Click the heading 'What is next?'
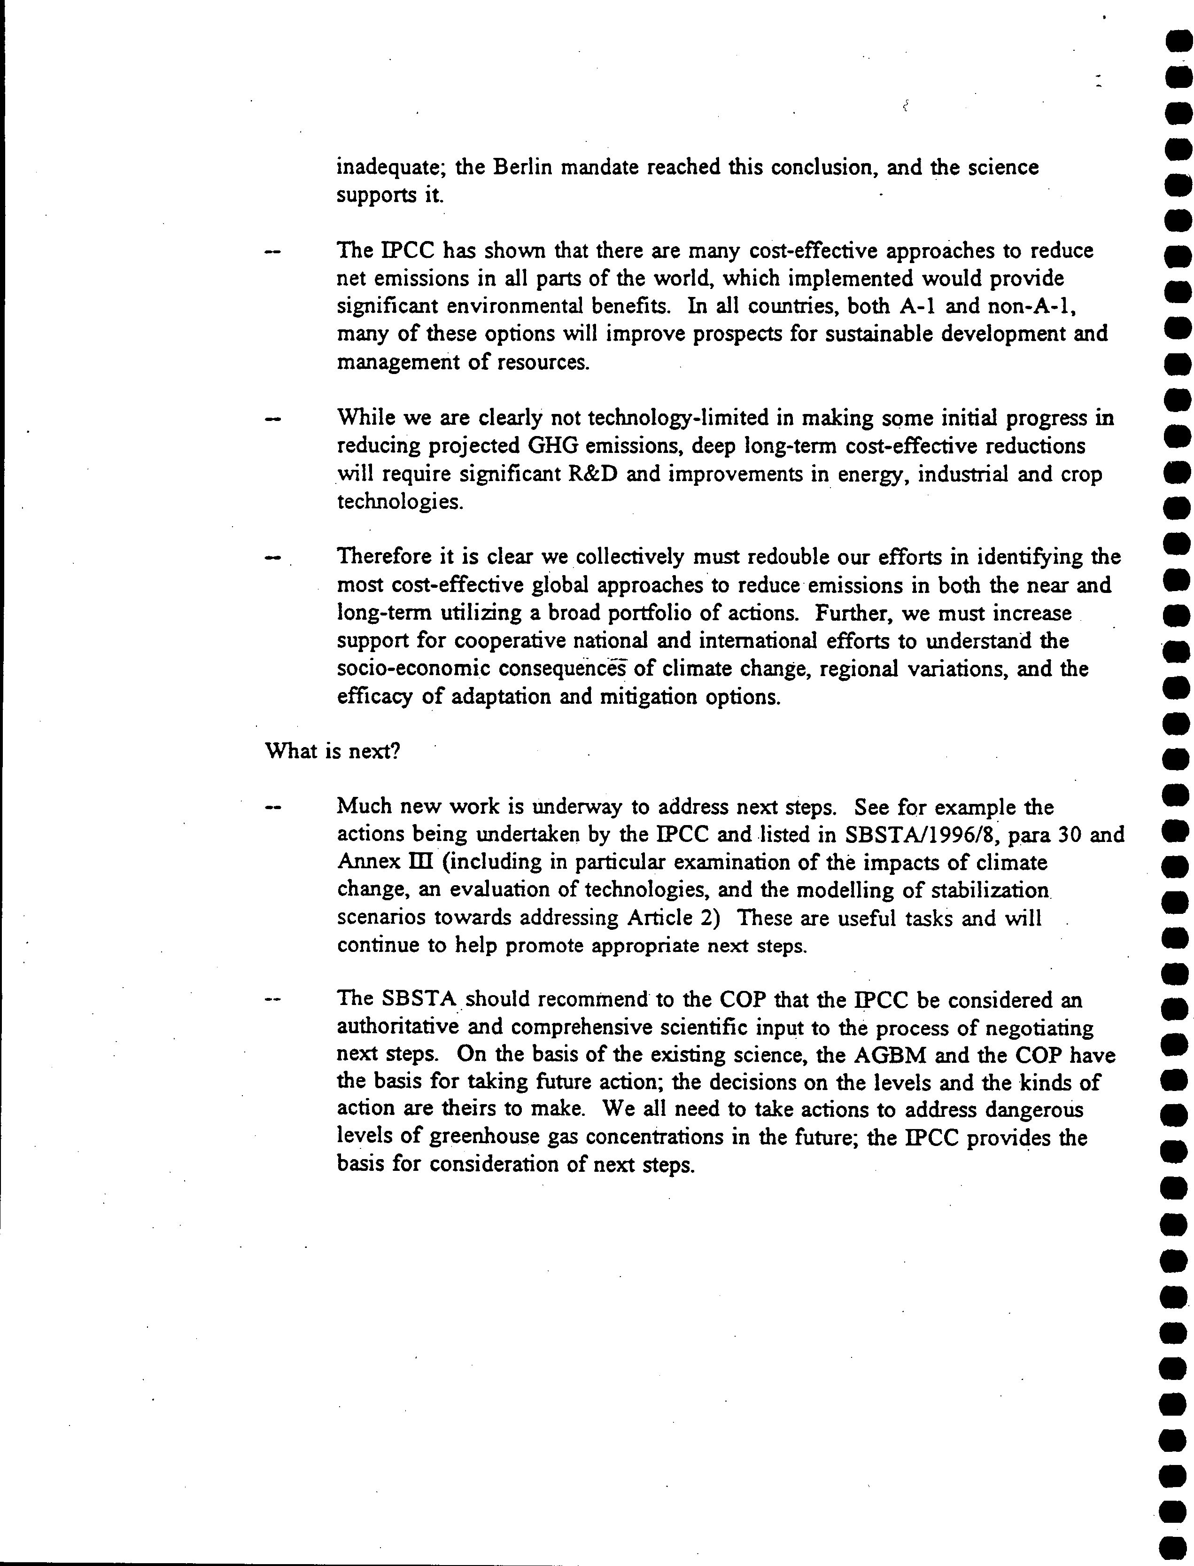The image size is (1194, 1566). [332, 751]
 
